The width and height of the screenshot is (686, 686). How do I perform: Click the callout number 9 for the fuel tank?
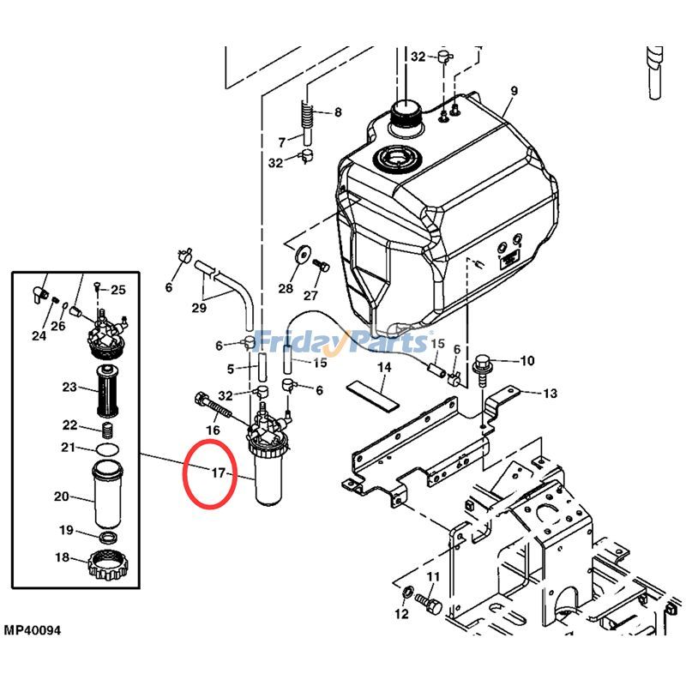[514, 91]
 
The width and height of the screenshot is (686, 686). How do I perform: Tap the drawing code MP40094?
[32, 631]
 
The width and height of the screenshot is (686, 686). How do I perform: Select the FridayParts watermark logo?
[343, 342]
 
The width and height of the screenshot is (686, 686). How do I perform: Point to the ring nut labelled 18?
[109, 565]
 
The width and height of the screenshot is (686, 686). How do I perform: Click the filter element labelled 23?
[109, 388]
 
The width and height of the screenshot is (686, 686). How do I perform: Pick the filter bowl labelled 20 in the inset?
[109, 496]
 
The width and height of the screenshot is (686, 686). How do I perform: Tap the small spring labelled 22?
[109, 428]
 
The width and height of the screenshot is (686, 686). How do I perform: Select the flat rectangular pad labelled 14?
[374, 388]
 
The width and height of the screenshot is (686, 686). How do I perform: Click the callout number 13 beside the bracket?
[550, 394]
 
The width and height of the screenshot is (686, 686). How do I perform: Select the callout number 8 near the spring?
[337, 112]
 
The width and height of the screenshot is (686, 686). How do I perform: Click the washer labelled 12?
[407, 592]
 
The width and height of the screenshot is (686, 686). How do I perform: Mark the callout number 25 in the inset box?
[118, 290]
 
